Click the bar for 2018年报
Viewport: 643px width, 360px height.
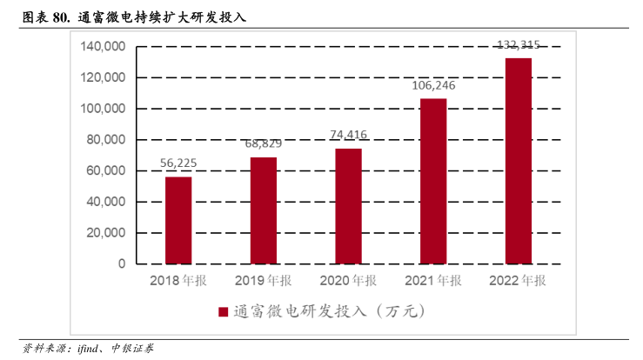point(178,220)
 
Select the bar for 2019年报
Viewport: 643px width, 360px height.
point(264,210)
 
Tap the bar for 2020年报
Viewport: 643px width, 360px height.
point(348,206)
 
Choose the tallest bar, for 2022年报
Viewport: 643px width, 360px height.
point(518,161)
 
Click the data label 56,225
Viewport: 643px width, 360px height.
point(178,163)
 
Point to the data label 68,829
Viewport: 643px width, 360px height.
point(264,143)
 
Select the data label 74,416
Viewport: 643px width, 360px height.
point(348,134)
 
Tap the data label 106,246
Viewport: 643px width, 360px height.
point(433,85)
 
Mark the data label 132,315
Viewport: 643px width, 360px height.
point(518,44)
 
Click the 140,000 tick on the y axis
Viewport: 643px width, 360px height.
point(102,46)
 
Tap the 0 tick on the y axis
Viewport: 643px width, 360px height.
point(122,263)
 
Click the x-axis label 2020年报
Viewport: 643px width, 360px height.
point(348,281)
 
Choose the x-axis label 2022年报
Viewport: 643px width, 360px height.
point(518,281)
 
